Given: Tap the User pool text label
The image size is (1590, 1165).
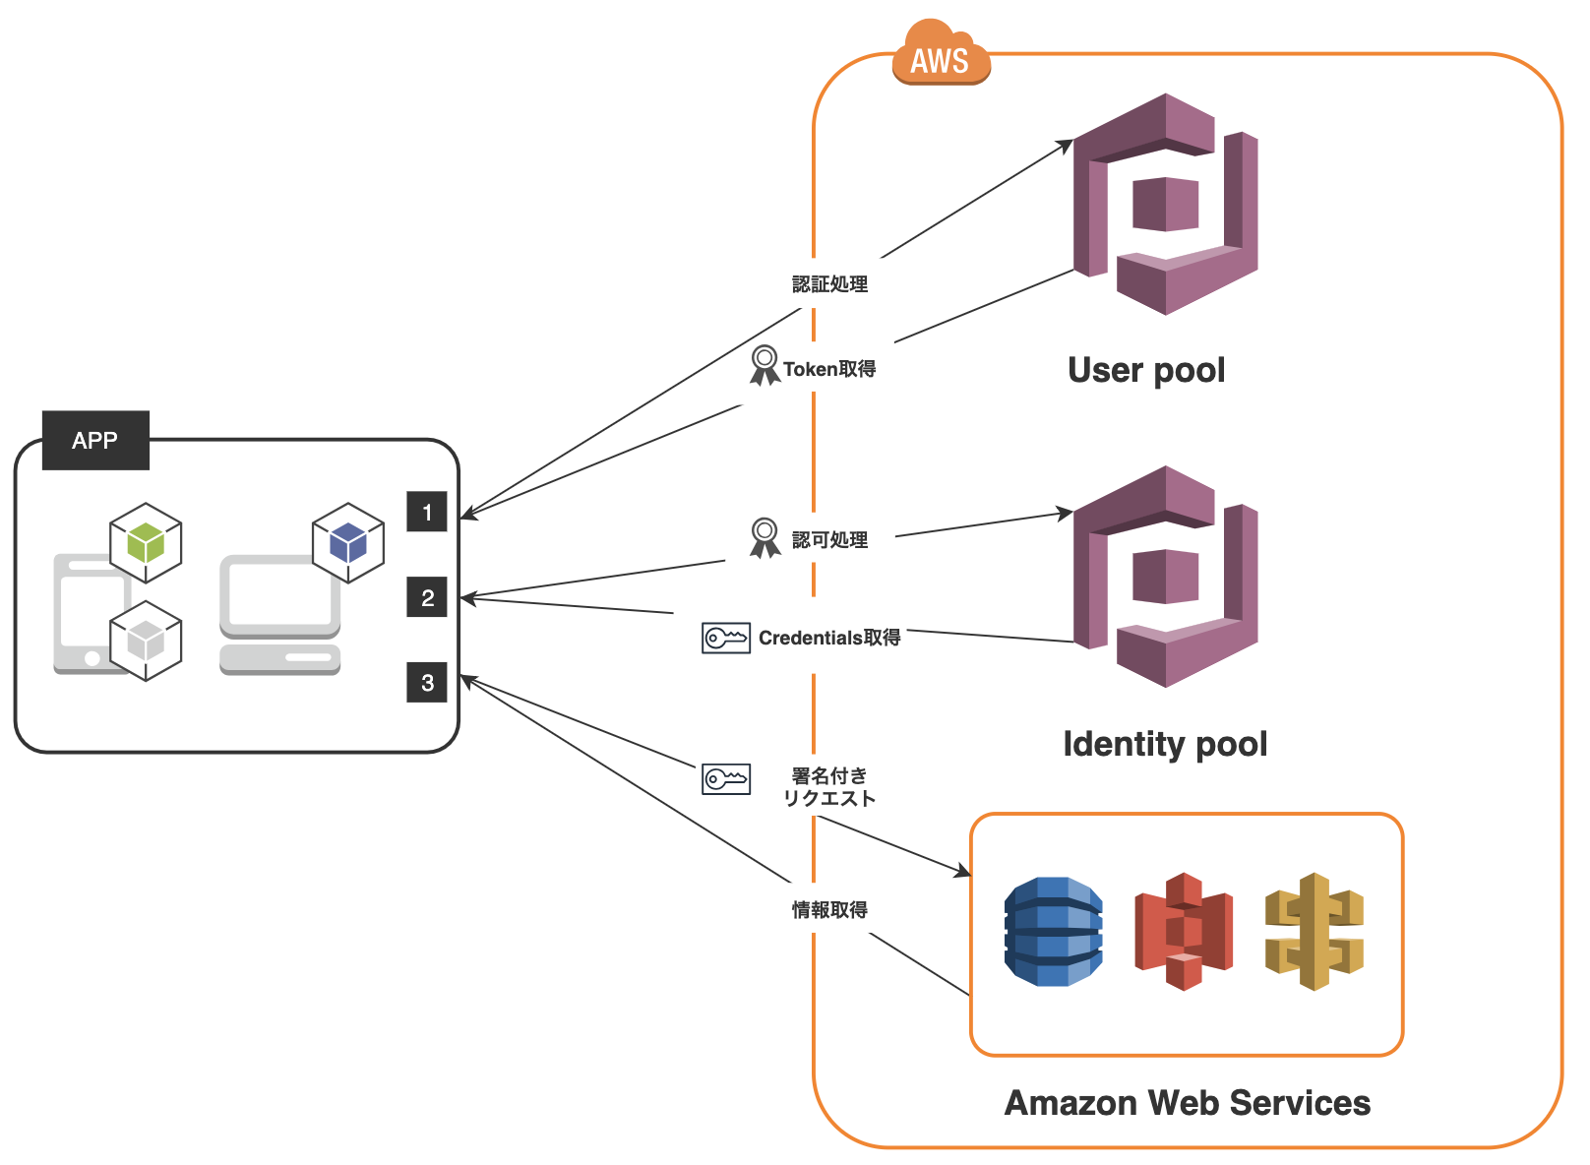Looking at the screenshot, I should pos(1146,370).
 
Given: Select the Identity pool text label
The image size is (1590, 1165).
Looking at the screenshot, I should pos(1165,744).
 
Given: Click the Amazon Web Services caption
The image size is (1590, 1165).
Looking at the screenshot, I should pos(1187,1103).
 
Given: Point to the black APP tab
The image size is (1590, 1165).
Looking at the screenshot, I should pos(95,440).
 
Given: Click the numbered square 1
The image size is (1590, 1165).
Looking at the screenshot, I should pos(427,512).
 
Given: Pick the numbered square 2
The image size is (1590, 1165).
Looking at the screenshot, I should pos(427,597).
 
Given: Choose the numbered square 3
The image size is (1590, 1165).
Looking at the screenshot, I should pos(427,683).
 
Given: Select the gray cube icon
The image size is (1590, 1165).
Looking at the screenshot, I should pos(146,642).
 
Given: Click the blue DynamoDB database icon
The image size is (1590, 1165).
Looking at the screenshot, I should pos(1053,932).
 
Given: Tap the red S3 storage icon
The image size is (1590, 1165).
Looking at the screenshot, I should pos(1184,932).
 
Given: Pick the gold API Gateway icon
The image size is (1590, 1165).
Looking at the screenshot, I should pos(1315,932).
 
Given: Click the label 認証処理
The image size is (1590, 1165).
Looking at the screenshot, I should pos(829,284).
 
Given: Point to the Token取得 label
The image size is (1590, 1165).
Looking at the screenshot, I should pos(829,369).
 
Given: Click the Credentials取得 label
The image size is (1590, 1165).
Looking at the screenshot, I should pos(829,638).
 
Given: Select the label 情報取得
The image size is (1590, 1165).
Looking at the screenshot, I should pos(829,910).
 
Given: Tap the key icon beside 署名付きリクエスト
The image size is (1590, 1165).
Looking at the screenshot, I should pos(726,779).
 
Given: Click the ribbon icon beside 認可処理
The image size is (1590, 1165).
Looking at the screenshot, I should pos(764,538).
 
